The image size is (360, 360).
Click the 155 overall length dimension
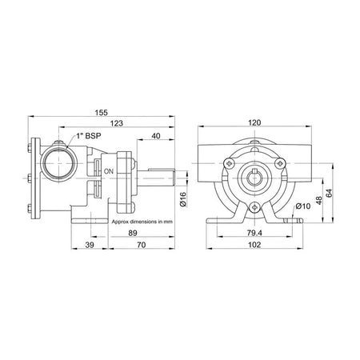click(102, 113)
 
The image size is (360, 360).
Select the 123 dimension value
click(117, 123)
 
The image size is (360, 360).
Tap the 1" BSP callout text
click(89, 136)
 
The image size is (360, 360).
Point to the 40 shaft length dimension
click(156, 136)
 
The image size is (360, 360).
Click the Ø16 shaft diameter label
click(183, 199)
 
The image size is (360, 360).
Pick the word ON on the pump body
click(109, 171)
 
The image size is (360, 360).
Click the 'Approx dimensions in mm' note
click(142, 222)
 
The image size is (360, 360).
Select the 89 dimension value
click(133, 233)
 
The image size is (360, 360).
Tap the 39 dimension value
click(90, 245)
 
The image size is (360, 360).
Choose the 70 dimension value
click(142, 245)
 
